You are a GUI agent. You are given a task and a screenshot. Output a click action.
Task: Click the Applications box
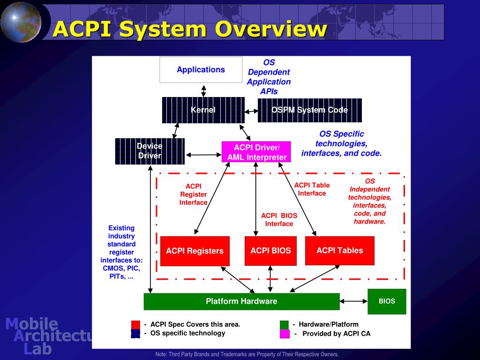point(201,70)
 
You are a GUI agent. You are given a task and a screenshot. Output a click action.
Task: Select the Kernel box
point(203,110)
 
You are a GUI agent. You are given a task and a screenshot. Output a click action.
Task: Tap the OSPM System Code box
point(309,110)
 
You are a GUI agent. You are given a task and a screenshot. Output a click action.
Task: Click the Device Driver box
point(150,151)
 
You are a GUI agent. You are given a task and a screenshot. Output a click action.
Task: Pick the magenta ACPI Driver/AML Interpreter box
point(256,152)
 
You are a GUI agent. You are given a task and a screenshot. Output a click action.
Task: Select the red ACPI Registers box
point(195,251)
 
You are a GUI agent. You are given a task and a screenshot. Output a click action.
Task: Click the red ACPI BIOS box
point(270,251)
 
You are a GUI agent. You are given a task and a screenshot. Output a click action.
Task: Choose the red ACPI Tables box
point(339,251)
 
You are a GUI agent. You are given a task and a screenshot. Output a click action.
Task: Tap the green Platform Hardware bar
point(241,301)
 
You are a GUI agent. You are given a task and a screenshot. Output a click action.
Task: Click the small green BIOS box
point(387,301)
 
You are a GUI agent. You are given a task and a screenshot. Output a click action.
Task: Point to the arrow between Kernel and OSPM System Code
point(251,111)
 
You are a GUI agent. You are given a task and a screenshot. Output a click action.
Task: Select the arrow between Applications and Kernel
point(203,90)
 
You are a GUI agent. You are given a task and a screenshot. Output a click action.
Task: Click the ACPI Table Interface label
point(312,189)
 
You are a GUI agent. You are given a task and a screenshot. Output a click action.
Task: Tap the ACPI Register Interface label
point(193,194)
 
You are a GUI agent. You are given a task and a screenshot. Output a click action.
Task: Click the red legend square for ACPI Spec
point(135,324)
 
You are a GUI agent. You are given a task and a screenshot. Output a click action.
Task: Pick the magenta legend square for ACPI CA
point(285,334)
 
